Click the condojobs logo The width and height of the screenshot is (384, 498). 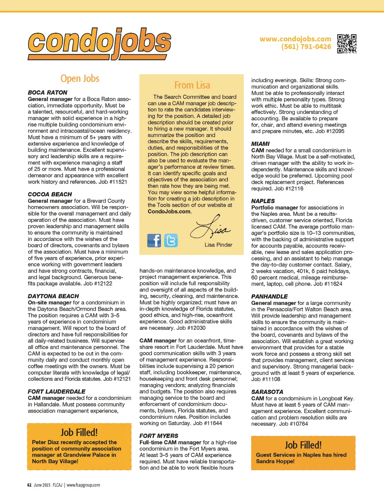tap(99, 43)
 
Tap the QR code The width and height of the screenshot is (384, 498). tap(346, 43)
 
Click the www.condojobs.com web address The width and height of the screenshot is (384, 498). tap(295, 39)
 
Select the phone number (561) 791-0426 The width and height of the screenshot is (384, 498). tap(306, 47)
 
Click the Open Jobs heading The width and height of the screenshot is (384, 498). tap(80, 78)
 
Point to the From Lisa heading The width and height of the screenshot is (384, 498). tap(192, 85)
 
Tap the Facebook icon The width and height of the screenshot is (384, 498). tap(154, 240)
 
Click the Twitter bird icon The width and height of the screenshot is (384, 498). tap(171, 240)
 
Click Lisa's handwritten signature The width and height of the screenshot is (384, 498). tap(210, 227)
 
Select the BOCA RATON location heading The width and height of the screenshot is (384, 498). tap(48, 93)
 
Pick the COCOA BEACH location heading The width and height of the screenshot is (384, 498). tap(50, 194)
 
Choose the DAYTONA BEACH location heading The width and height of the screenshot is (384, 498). tap(53, 296)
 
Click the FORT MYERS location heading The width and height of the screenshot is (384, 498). tap(159, 436)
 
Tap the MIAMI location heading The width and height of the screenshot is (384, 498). tap(260, 144)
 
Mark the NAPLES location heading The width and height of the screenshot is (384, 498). tap(263, 201)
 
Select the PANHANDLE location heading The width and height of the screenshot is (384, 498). tap(269, 296)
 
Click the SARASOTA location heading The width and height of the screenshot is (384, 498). tap(267, 392)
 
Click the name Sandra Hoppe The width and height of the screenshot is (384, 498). tap(275, 461)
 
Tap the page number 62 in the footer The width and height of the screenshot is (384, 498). tap(29, 485)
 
